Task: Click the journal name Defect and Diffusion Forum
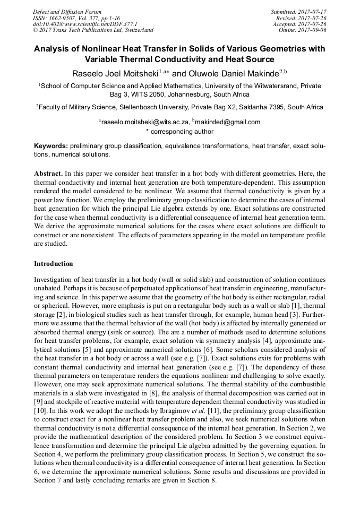(67, 12)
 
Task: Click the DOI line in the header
(85, 24)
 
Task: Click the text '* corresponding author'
(179, 131)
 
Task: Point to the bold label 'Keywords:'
(51, 145)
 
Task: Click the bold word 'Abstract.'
(49, 174)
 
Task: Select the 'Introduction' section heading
(54, 263)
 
